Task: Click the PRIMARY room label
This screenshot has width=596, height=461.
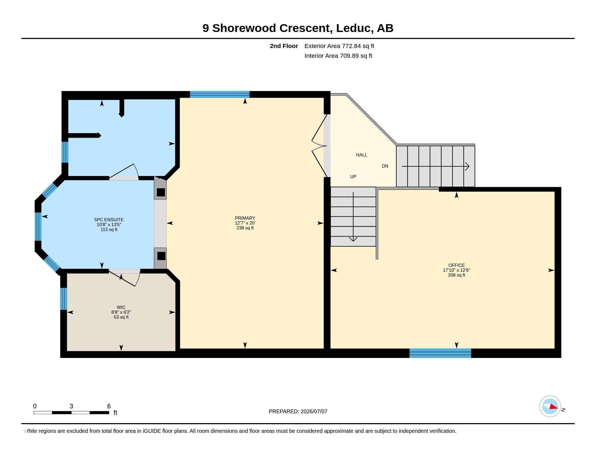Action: click(x=245, y=218)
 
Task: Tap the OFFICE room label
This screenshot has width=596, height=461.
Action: click(x=456, y=265)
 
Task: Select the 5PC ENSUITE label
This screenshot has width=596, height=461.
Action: click(x=109, y=220)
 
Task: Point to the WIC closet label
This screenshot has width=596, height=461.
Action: click(x=121, y=307)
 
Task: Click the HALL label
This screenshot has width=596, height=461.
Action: click(x=361, y=155)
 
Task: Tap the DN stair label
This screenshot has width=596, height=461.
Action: click(x=385, y=166)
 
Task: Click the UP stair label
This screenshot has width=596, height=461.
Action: click(x=353, y=177)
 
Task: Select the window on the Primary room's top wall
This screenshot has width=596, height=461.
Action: click(x=220, y=94)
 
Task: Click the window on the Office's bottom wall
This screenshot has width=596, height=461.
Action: click(x=440, y=353)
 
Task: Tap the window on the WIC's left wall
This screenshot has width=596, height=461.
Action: click(x=64, y=299)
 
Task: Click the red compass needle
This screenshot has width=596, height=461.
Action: click(x=554, y=407)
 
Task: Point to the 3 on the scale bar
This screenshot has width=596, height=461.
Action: click(x=71, y=406)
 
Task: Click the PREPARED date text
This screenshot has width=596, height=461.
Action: click(x=298, y=411)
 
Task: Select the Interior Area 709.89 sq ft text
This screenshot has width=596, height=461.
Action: click(x=338, y=56)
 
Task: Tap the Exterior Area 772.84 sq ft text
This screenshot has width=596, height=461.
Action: click(x=339, y=46)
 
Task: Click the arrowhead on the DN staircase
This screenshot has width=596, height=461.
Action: click(x=467, y=166)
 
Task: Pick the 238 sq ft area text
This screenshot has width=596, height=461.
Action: click(x=245, y=228)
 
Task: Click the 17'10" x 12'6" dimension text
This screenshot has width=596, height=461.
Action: click(x=456, y=270)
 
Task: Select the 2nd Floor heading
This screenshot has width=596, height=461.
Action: click(x=284, y=46)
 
